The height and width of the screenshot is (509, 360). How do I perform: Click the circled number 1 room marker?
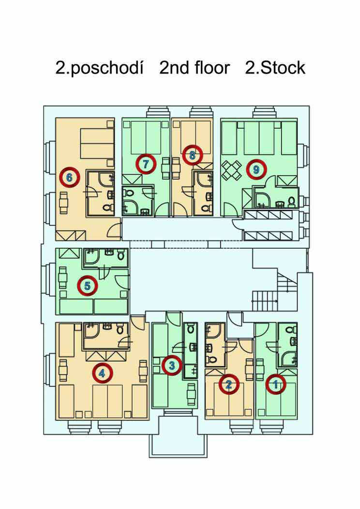[276, 384]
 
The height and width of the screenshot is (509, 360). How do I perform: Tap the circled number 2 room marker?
[228, 384]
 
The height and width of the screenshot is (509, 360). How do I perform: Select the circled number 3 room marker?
[172, 365]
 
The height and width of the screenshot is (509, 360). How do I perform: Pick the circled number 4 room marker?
[102, 373]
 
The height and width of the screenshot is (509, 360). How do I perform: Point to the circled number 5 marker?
[87, 285]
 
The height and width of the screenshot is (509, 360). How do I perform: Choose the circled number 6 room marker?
[69, 177]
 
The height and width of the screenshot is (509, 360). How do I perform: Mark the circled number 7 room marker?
[146, 164]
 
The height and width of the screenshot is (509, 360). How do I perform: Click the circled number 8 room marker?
[192, 155]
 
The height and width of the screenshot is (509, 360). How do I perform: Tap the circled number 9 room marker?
[256, 169]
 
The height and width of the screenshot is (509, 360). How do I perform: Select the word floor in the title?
[212, 68]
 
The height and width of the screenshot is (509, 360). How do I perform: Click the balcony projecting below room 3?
[178, 435]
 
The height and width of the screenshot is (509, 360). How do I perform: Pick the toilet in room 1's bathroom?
[290, 329]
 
